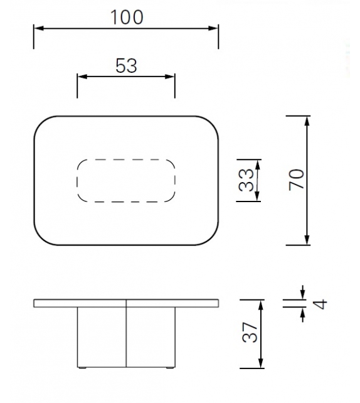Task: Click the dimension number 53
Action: point(126,65)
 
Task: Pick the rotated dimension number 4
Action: point(320,304)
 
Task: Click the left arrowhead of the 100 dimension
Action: point(38,28)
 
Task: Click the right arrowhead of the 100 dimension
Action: point(214,28)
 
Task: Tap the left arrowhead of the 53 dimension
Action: point(81,77)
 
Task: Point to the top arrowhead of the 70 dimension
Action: point(307,121)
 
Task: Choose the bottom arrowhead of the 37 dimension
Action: point(259,364)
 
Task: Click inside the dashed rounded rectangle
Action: point(126,181)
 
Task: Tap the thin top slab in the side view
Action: point(126,304)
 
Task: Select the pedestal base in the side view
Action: point(126,336)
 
